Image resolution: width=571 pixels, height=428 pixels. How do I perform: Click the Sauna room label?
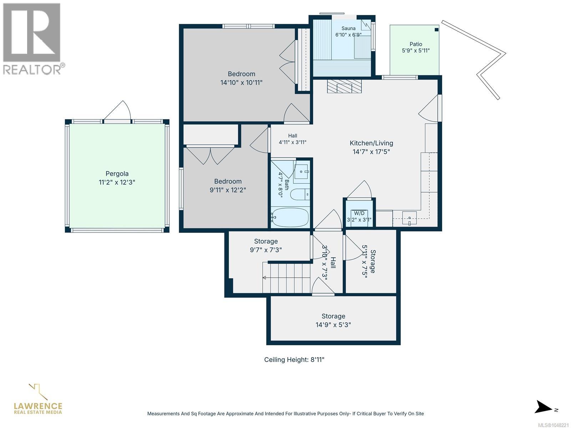click(x=348, y=28)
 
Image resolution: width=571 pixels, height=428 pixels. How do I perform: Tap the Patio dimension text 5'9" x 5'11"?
click(x=416, y=51)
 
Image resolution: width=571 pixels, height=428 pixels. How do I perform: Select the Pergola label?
click(x=117, y=174)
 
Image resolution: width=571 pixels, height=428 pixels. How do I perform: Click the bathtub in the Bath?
click(x=290, y=217)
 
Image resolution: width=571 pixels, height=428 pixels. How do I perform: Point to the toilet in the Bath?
click(x=300, y=195)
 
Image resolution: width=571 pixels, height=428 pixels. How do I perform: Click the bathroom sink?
click(x=302, y=172)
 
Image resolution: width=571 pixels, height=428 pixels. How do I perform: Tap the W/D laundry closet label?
click(x=359, y=213)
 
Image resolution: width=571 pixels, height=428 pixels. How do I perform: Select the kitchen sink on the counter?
click(x=409, y=218)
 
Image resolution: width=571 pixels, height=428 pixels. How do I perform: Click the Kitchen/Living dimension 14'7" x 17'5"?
click(x=371, y=152)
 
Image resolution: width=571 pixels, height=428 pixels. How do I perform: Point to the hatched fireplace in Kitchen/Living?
click(x=344, y=86)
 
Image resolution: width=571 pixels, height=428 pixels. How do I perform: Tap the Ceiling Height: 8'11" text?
click(x=294, y=360)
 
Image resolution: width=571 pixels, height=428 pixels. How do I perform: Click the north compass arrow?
click(x=543, y=407)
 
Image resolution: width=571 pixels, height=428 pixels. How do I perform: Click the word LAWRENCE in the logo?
click(x=38, y=406)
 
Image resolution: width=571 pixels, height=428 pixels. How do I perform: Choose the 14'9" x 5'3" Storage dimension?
click(x=333, y=325)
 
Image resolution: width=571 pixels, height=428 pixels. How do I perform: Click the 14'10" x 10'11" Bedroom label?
click(x=241, y=83)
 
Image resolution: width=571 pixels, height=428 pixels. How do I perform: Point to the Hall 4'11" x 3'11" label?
click(x=292, y=139)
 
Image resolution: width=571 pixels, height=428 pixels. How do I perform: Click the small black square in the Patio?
click(x=436, y=30)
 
